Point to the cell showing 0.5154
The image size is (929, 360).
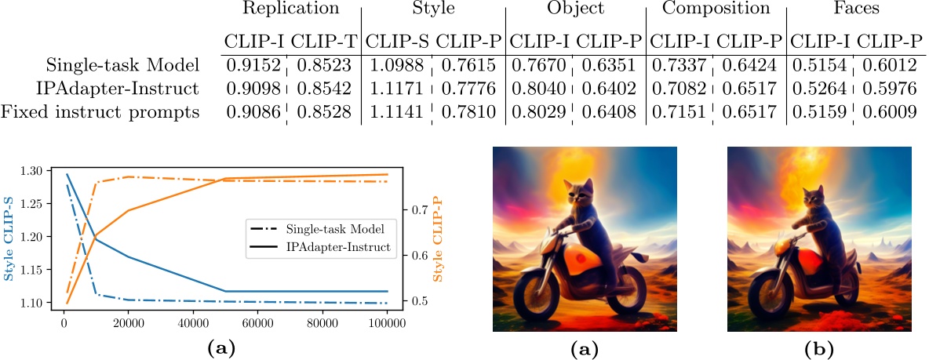[x=818, y=66]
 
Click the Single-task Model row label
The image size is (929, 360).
[x=122, y=66]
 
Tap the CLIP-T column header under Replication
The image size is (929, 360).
[x=324, y=41]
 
